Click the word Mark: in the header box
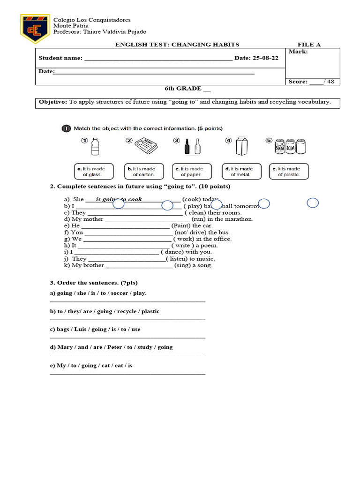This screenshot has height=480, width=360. [x=298, y=52]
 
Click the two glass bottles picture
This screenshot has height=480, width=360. [x=193, y=147]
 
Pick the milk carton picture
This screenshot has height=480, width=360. [x=241, y=147]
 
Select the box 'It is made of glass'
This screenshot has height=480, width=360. [x=92, y=172]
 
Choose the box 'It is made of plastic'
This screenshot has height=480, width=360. [x=289, y=172]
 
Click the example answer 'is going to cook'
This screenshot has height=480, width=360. [x=119, y=199]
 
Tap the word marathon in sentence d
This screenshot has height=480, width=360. [x=240, y=219]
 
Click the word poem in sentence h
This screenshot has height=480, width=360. [x=210, y=245]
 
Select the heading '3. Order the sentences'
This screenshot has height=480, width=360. [x=94, y=283]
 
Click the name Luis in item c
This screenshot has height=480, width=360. [x=82, y=329]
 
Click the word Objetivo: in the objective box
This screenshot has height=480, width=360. [x=53, y=102]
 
